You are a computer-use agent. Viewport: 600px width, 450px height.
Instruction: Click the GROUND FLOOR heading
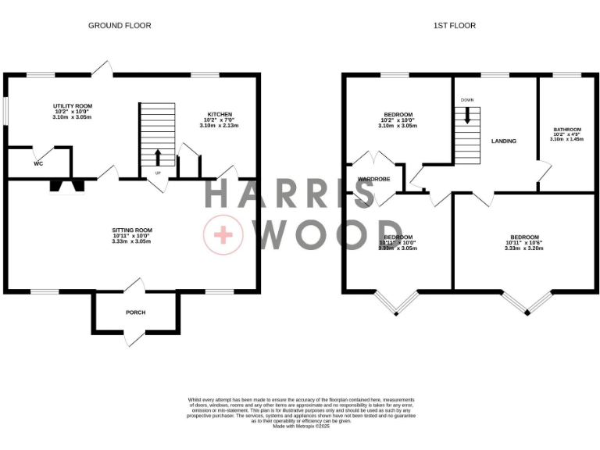[x=120, y=26]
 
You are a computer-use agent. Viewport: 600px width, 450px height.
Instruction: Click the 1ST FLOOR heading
[x=455, y=26]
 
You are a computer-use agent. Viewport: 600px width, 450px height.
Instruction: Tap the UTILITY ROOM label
[x=73, y=105]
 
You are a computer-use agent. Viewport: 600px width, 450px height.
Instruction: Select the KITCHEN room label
[x=220, y=114]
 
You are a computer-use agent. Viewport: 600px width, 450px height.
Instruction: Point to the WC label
[x=37, y=165]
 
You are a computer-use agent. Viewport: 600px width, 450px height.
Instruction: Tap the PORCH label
[x=136, y=312]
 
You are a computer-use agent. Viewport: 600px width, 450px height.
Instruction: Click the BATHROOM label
[x=567, y=130]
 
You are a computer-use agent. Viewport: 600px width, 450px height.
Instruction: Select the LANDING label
[x=503, y=141]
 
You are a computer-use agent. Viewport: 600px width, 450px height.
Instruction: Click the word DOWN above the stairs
[x=467, y=100]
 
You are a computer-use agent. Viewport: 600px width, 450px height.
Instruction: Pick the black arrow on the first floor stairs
[x=467, y=116]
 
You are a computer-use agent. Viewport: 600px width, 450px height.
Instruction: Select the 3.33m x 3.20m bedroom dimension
[x=524, y=248]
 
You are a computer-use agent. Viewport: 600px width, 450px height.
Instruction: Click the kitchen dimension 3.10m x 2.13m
[x=220, y=125]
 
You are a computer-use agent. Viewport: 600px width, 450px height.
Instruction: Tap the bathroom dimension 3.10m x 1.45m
[x=567, y=139]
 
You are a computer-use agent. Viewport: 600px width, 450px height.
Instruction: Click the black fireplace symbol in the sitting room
[x=66, y=185]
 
